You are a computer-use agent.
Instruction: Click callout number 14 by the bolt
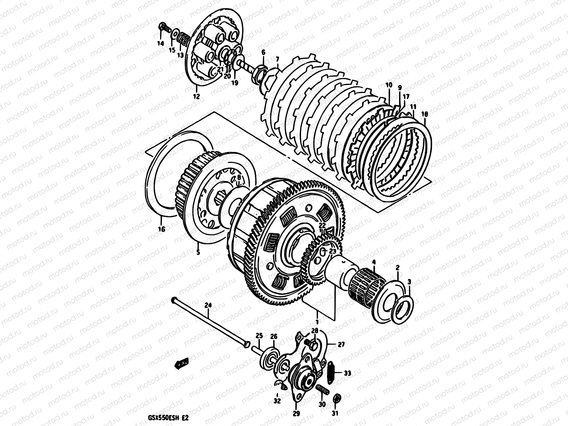pos(160,44)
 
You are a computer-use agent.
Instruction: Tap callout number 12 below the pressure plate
pos(196,96)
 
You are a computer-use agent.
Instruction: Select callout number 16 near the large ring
pos(162,229)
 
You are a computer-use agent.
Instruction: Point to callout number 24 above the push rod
pos(208,305)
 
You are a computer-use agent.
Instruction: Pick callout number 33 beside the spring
pos(347,373)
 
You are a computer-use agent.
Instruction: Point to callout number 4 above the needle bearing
pos(373,262)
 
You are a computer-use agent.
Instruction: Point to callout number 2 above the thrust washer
pos(398,267)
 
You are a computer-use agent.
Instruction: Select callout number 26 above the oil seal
pos(273,336)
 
